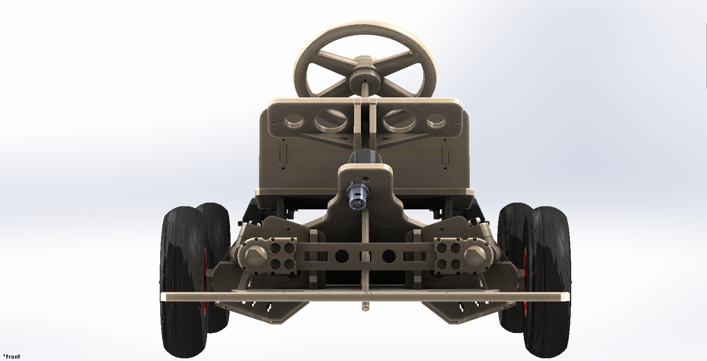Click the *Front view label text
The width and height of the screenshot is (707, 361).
(x=12, y=356)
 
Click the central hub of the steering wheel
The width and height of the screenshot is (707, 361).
(x=365, y=81)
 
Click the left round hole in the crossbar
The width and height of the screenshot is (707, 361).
(x=342, y=256)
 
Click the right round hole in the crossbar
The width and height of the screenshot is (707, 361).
(x=389, y=256)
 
